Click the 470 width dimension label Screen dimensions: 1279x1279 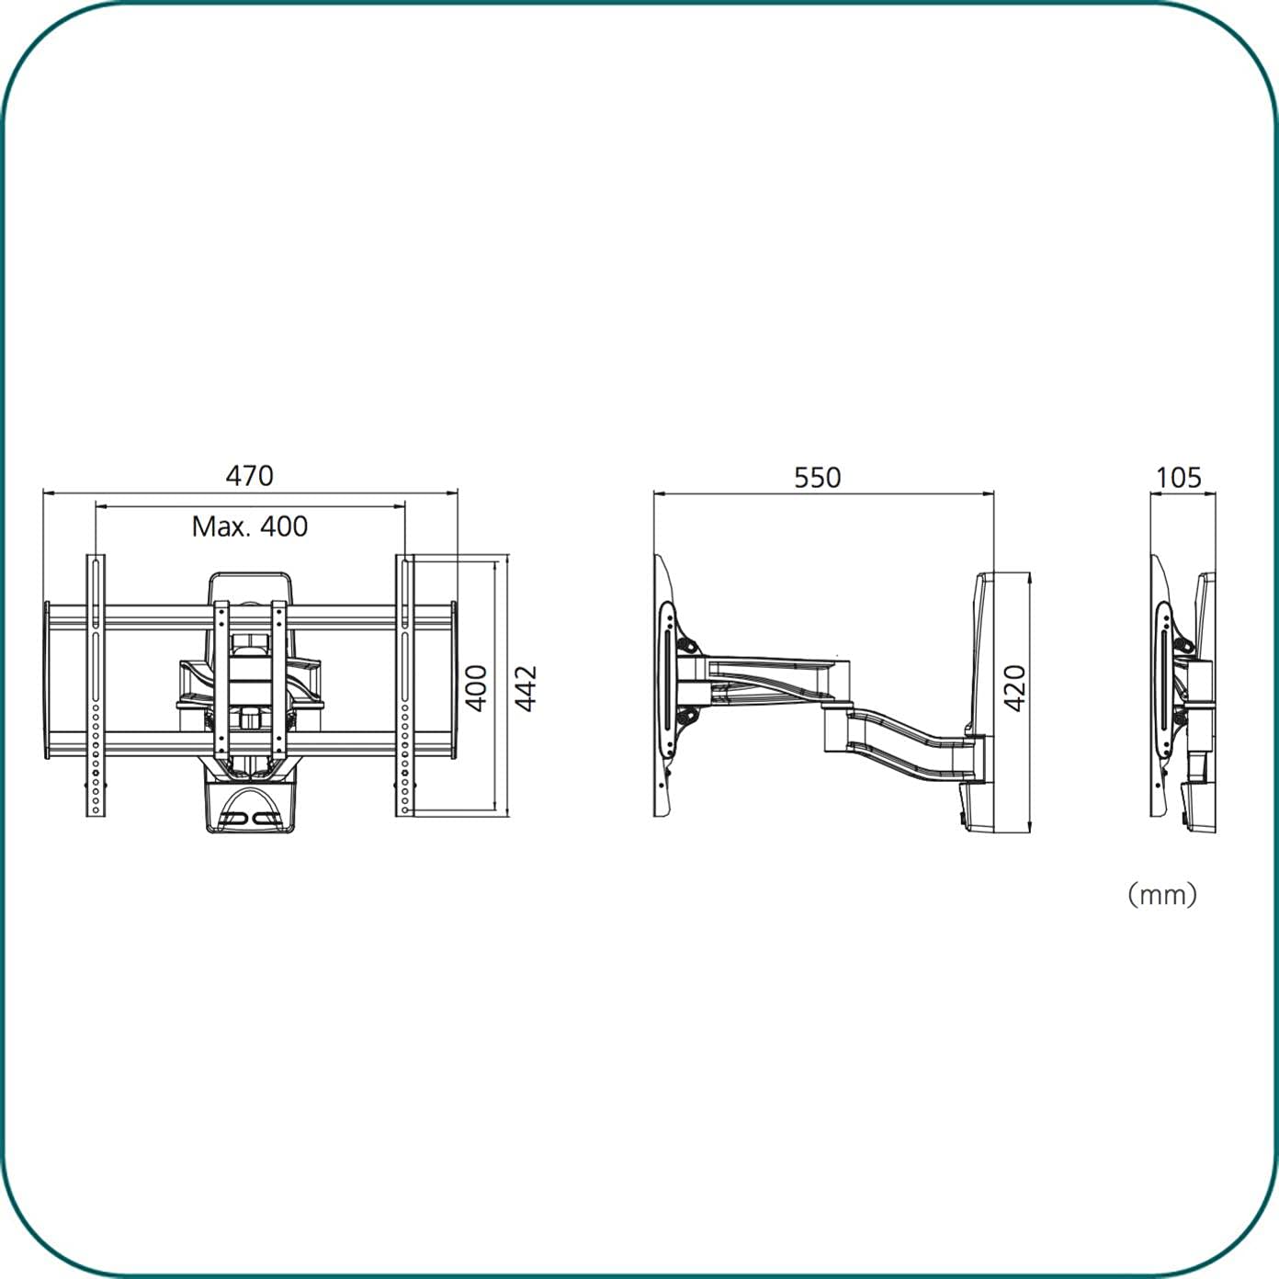250,476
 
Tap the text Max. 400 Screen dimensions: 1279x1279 250,526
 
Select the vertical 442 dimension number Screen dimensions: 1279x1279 526,688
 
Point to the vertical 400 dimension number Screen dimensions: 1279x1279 476,688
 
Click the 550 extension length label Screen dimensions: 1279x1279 817,478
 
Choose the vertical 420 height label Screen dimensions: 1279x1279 1014,688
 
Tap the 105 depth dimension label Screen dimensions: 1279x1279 1179,478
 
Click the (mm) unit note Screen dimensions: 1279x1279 1162,895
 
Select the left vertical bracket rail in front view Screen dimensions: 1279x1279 96,685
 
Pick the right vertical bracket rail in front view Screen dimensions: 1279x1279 405,685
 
